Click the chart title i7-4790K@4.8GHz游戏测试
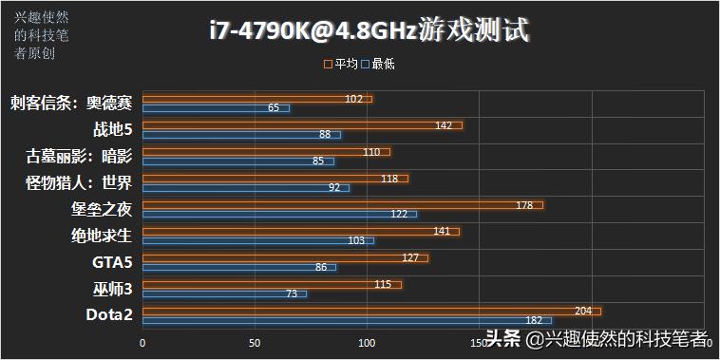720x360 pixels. [x=368, y=31]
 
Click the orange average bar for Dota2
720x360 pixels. [x=370, y=311]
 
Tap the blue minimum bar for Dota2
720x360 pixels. [x=347, y=320]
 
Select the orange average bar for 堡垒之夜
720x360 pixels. [x=342, y=204]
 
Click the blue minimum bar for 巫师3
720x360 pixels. [x=224, y=294]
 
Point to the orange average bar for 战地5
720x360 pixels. [x=302, y=124]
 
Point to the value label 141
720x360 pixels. [x=443, y=231]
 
